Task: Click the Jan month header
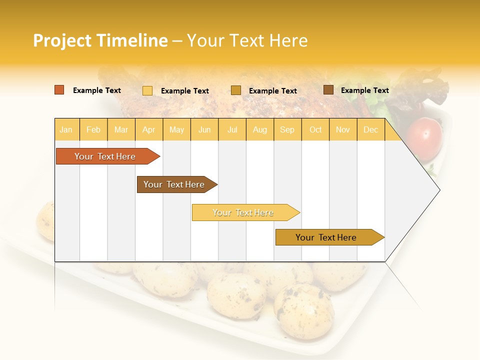pyautogui.click(x=66, y=130)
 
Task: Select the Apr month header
pyautogui.click(x=148, y=130)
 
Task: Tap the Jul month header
pyautogui.click(x=232, y=130)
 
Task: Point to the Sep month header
pyautogui.click(x=287, y=130)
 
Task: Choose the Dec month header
pyautogui.click(x=370, y=130)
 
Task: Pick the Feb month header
pyautogui.click(x=93, y=130)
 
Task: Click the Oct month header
pyautogui.click(x=315, y=130)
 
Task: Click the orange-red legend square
pyautogui.click(x=59, y=90)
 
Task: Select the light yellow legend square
pyautogui.click(x=147, y=90)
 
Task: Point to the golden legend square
pyautogui.click(x=236, y=90)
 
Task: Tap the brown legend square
pyautogui.click(x=328, y=90)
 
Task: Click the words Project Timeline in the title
pyautogui.click(x=100, y=41)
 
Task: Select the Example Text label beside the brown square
pyautogui.click(x=364, y=90)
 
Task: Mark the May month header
pyautogui.click(x=176, y=130)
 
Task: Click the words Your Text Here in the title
pyautogui.click(x=247, y=41)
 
